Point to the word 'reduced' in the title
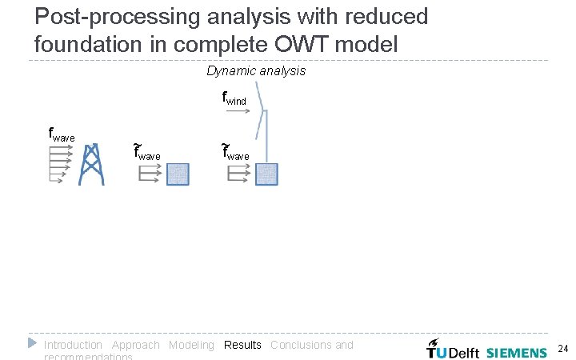381,16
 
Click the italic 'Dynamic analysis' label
255,71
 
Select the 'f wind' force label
234,99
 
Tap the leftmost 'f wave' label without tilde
61,134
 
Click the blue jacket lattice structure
92,164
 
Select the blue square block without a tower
178,174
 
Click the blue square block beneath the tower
266,174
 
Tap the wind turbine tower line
266,136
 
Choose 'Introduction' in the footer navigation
73,345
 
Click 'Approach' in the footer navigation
135,345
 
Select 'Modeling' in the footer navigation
191,345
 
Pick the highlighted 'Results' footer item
242,345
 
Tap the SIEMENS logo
516,352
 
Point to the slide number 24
562,349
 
